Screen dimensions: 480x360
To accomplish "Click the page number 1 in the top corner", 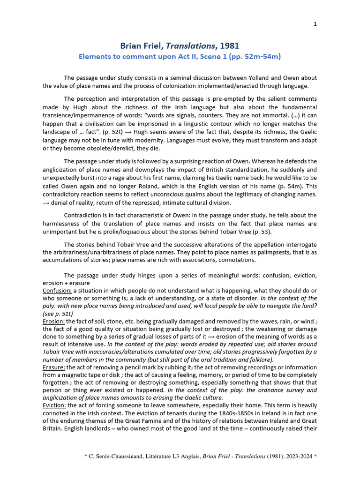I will click(x=315, y=25).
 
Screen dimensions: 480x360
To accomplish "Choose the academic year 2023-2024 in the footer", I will click(x=300, y=468).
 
